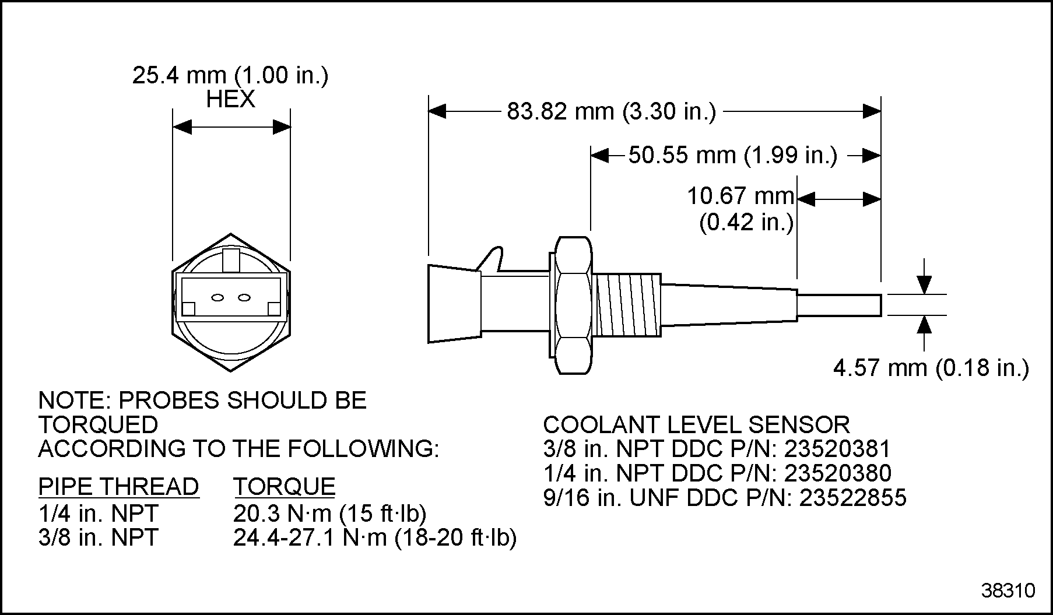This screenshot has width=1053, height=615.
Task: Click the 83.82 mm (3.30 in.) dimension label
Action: pos(610,111)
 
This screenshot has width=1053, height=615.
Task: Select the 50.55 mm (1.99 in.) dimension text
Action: pos(732,156)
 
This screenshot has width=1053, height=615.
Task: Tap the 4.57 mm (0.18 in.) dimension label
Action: pos(931,368)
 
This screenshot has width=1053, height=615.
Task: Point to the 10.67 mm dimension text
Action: pos(740,196)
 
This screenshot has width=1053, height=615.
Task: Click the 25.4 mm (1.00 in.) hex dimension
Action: pos(230,76)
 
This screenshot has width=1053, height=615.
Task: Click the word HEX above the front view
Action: pos(230,100)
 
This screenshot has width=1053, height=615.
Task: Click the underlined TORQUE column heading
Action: pos(285,487)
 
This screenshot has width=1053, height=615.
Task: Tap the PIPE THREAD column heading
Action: pos(118,487)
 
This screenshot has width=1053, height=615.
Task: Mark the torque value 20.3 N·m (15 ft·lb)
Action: pos(330,514)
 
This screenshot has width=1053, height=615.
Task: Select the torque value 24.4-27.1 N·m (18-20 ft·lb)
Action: pos(375,537)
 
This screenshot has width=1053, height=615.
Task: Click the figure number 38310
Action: pos(1008,591)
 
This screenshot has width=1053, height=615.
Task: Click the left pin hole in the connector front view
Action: pos(217,298)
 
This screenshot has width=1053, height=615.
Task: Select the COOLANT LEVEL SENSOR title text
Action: pos(696,424)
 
